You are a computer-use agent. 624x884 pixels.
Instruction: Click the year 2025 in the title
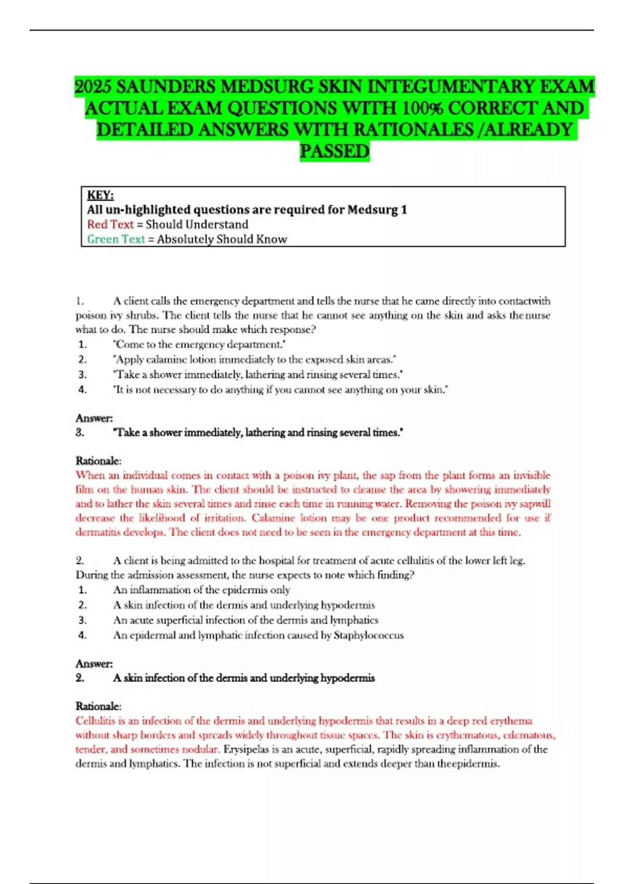tap(93, 86)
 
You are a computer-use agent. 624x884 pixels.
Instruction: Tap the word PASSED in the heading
tap(334, 151)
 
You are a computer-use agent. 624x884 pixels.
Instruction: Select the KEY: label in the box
tap(100, 195)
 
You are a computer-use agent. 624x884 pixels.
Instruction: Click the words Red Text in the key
tap(110, 224)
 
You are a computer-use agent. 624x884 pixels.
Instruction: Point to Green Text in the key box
tap(115, 239)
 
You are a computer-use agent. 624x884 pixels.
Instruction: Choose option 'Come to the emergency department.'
tap(200, 344)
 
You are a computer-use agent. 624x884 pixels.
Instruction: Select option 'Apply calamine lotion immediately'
tap(255, 359)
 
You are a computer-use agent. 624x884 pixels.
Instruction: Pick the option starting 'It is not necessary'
tap(280, 389)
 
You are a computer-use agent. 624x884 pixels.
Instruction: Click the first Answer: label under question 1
tap(94, 418)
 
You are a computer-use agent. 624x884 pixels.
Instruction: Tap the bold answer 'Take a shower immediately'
tap(258, 433)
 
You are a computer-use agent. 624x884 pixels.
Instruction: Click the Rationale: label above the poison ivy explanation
tap(98, 461)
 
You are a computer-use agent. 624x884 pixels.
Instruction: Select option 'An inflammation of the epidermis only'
tap(201, 590)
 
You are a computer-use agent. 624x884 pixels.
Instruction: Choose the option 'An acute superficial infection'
tap(245, 620)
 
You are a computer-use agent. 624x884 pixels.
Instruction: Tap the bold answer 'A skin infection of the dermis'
tap(244, 678)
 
